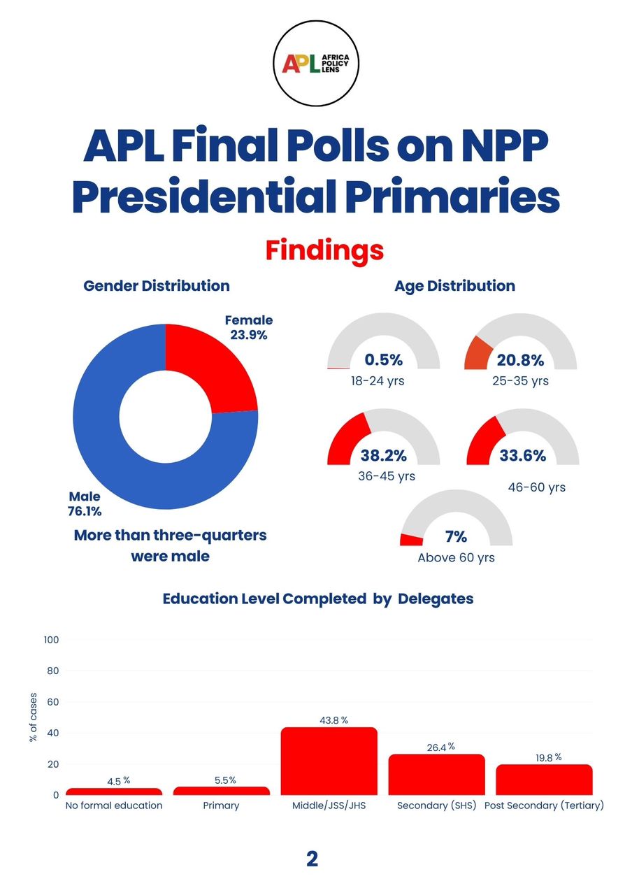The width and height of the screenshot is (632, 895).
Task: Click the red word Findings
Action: (x=324, y=250)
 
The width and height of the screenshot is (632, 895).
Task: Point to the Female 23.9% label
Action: (x=248, y=327)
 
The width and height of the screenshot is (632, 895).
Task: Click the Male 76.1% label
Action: (x=85, y=503)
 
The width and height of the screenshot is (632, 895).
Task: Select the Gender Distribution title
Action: (x=157, y=286)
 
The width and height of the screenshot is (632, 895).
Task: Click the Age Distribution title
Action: (x=454, y=286)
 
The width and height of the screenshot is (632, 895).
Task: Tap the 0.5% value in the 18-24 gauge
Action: (x=384, y=360)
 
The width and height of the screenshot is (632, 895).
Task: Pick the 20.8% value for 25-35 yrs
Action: (x=521, y=360)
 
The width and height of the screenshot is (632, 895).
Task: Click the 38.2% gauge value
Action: (x=384, y=456)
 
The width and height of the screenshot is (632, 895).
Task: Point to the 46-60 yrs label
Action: (x=537, y=487)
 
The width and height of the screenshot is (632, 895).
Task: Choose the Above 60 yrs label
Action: (x=456, y=558)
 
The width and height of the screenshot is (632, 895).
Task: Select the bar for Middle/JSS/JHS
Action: (x=329, y=761)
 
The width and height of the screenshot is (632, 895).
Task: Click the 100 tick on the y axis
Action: (x=51, y=640)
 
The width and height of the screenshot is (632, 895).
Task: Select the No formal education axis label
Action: (x=113, y=805)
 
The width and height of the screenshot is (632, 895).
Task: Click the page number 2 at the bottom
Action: (x=312, y=859)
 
